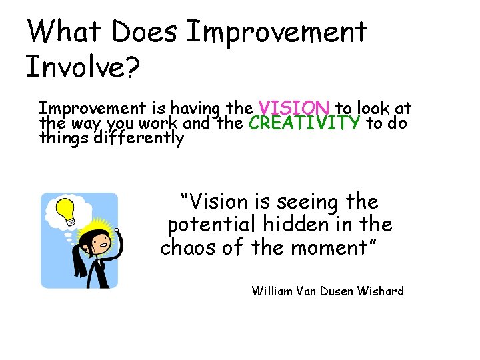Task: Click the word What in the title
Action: (x=65, y=31)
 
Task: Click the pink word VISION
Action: (x=294, y=108)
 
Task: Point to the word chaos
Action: (x=188, y=248)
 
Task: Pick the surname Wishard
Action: (x=380, y=291)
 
